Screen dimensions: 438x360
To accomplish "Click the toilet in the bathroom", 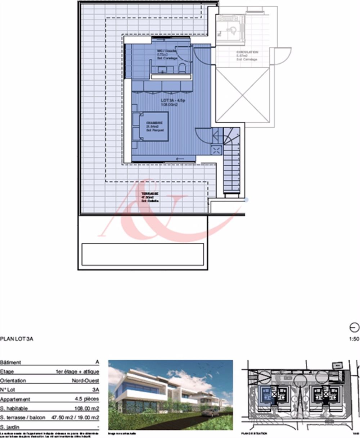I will coord(182,68).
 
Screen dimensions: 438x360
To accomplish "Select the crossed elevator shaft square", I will coord(243,95).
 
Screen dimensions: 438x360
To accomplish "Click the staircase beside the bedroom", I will coord(231,162).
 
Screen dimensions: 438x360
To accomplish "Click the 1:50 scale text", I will coord(354,339).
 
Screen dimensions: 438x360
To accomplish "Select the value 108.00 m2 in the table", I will coord(87,409).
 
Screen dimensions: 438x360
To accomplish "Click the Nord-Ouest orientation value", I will coord(86,381).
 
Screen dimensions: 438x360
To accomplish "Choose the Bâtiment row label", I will coord(11,362).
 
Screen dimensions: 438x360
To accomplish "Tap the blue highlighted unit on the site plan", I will coord(266,394).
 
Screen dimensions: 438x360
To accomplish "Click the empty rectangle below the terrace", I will coord(143,254).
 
